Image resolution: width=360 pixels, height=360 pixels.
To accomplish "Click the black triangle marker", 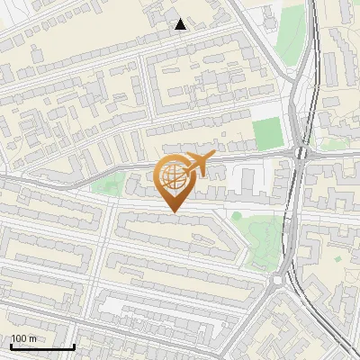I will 181,24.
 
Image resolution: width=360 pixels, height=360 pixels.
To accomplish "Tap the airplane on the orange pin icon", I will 200,165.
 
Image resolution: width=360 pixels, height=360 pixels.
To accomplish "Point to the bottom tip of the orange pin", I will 173,212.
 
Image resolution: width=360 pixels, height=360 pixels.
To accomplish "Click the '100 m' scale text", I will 24,338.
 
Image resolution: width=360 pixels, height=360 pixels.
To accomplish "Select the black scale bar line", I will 42,346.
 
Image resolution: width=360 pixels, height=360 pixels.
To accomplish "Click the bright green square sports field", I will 266,133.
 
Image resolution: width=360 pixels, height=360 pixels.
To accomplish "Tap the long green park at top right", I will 290,36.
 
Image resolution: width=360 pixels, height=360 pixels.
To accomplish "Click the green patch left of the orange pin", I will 110,185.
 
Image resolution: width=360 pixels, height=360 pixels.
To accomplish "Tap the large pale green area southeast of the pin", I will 261,238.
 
